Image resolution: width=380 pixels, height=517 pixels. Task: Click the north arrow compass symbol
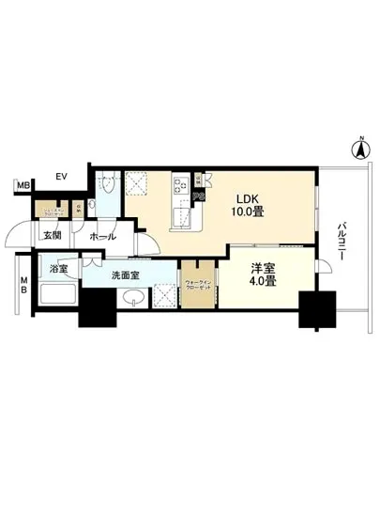[x=357, y=147]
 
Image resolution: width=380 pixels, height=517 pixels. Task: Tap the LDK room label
[x=247, y=198]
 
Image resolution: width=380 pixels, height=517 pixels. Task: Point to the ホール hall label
[x=102, y=237]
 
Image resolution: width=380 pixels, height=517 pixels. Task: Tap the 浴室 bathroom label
[x=59, y=267]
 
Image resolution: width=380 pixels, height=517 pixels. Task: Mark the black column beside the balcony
[x=316, y=309]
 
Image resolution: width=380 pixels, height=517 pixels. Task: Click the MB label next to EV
[x=23, y=186]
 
